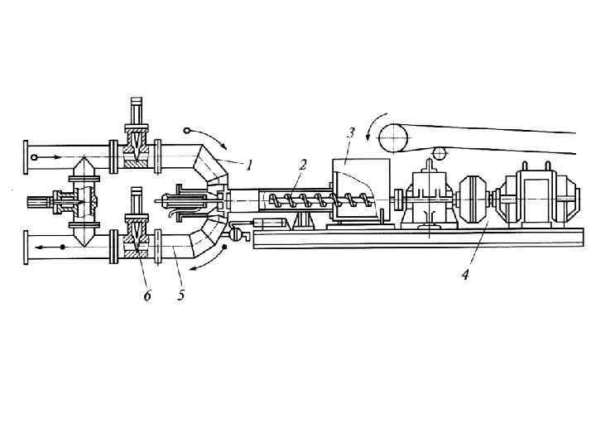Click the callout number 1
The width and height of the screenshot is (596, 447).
pos(248,164)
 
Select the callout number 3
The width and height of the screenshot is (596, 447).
pos(351,132)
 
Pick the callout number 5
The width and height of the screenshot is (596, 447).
pos(180,296)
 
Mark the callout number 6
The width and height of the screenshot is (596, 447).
pos(147,296)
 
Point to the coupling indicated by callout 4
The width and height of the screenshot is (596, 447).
pos(475,199)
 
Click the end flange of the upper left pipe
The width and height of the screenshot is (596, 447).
pos(26,157)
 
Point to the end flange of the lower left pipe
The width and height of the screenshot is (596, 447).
pos(26,248)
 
